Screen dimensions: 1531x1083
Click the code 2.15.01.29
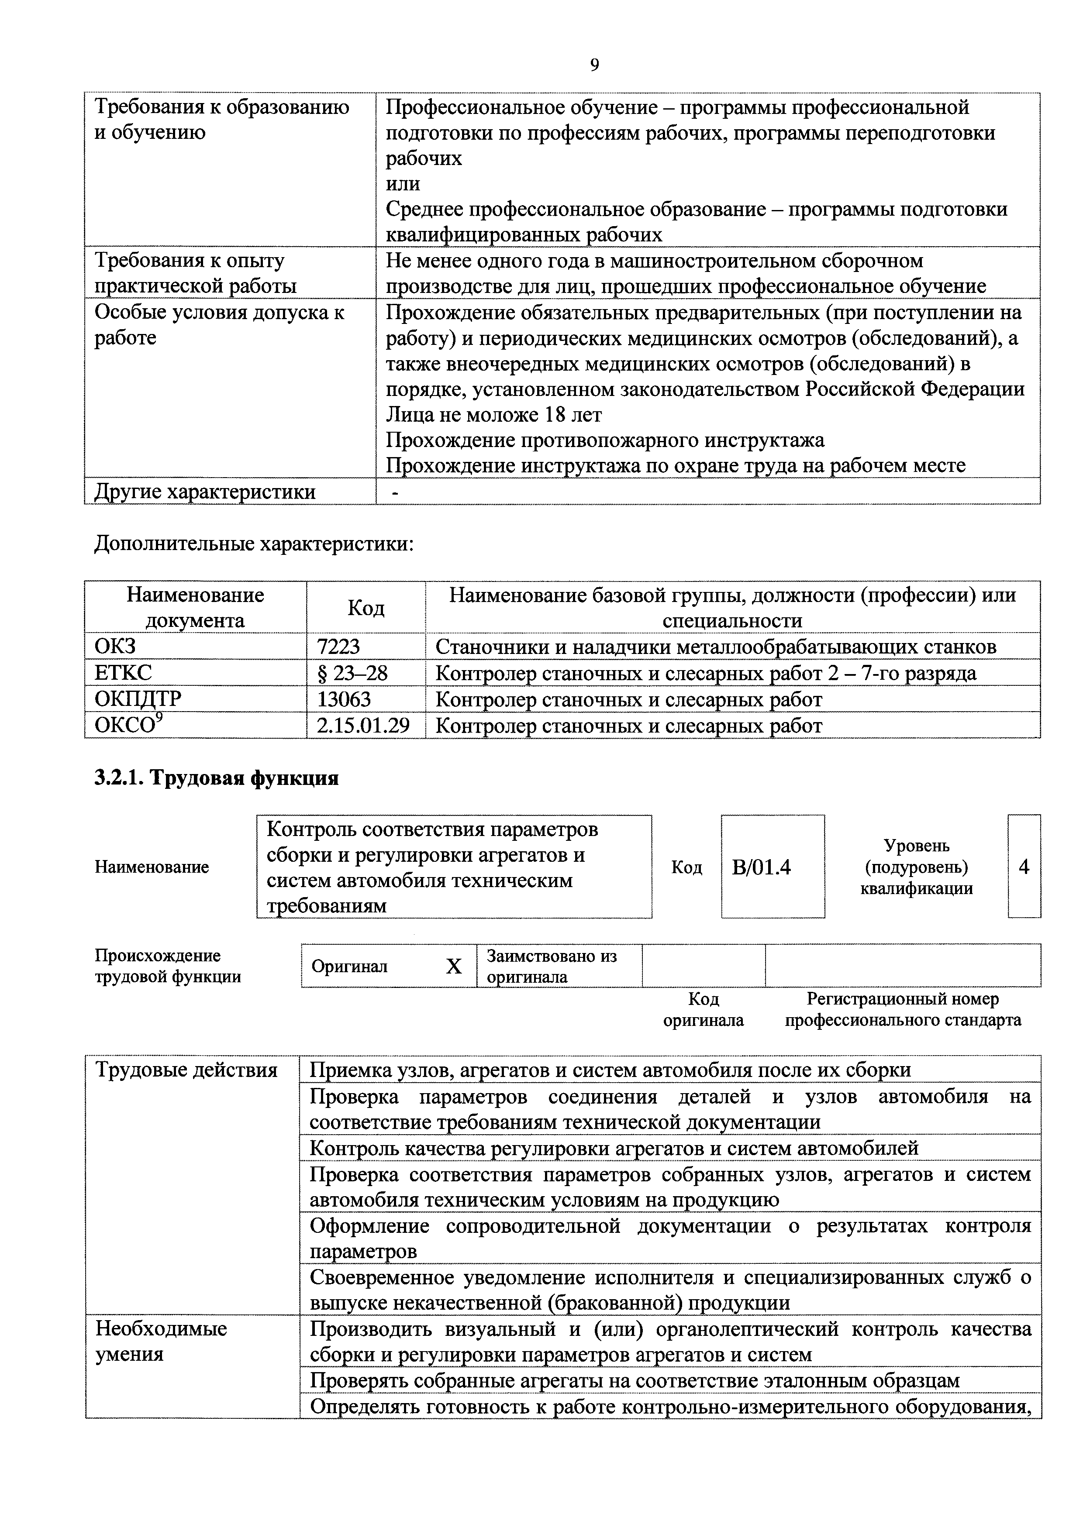[363, 726]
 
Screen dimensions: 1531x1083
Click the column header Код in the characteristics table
[366, 607]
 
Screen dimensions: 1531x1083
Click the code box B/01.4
[762, 867]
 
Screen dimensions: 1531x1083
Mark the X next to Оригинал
[453, 966]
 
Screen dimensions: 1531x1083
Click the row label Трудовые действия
[187, 1070]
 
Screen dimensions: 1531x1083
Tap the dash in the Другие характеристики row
[396, 492]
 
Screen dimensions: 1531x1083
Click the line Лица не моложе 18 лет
[494, 415]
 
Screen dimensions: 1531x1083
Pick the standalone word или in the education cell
[403, 183]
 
